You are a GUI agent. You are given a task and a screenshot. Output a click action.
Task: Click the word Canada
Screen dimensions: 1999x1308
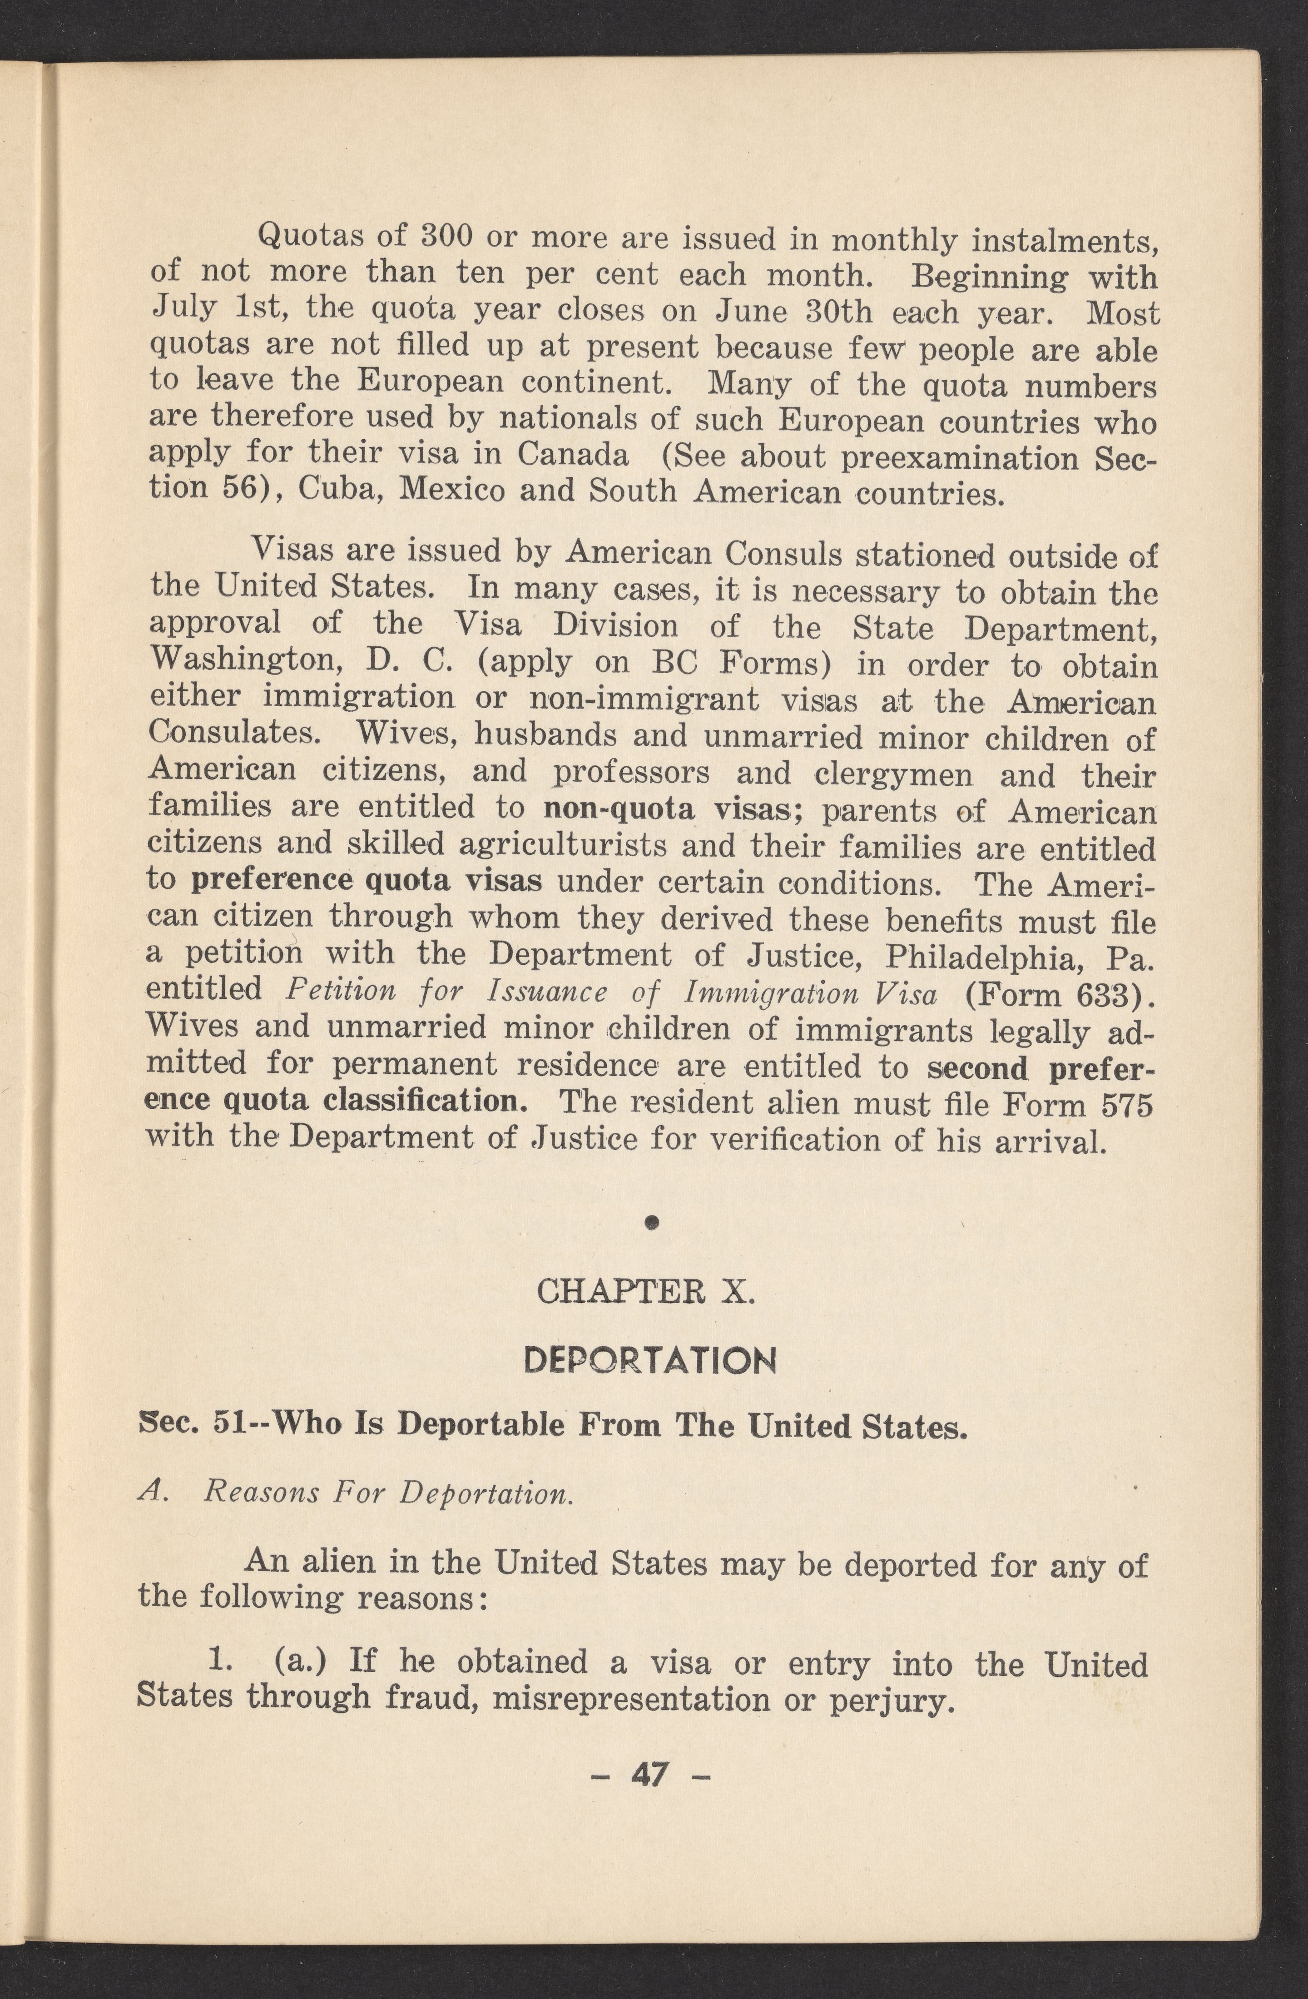(x=573, y=454)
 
